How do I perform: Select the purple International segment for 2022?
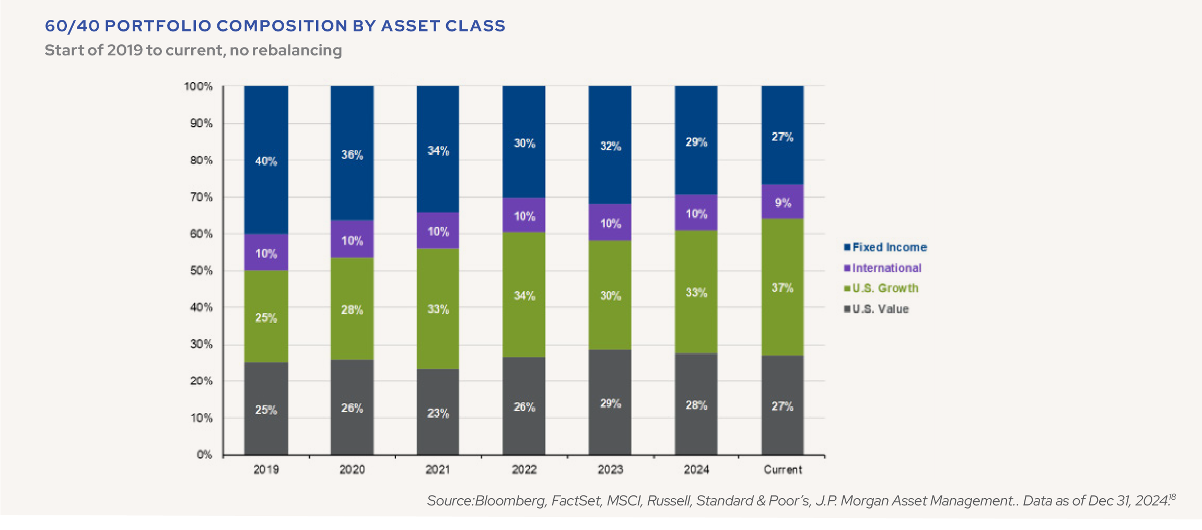(524, 215)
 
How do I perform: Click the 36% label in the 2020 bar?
(352, 155)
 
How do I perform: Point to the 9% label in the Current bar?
(783, 203)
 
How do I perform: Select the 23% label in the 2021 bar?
(438, 413)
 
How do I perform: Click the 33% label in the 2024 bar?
(696, 293)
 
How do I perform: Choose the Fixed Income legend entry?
(889, 247)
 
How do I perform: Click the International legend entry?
(886, 268)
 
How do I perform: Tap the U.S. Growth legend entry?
(885, 289)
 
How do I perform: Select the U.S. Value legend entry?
(880, 309)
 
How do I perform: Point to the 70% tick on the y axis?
(201, 197)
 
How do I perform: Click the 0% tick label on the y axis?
(204, 455)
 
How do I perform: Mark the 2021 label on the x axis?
(438, 469)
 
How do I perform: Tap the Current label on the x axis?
(783, 469)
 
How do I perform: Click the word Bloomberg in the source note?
(510, 501)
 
